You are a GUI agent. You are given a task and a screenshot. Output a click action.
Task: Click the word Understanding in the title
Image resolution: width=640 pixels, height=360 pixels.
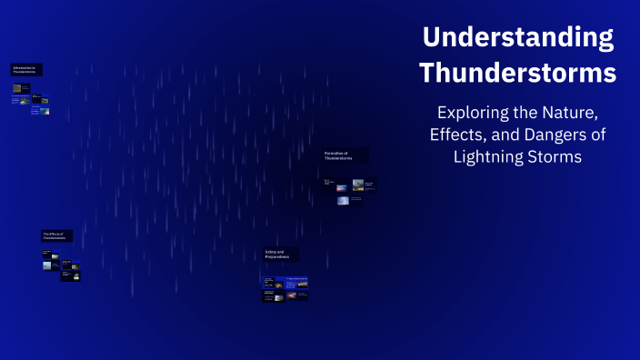pyautogui.click(x=518, y=38)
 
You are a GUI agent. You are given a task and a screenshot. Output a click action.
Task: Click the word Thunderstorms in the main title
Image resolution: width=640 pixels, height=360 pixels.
pyautogui.click(x=518, y=72)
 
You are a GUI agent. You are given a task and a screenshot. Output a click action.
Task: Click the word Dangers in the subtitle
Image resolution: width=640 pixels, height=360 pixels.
pyautogui.click(x=557, y=135)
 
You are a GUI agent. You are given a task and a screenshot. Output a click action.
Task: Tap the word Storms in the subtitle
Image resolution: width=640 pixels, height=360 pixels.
pyautogui.click(x=556, y=157)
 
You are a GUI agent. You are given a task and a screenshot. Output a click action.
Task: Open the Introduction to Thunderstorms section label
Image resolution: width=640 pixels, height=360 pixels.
pyautogui.click(x=26, y=69)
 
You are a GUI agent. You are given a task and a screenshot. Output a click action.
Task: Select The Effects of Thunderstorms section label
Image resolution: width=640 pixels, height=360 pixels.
pyautogui.click(x=56, y=235)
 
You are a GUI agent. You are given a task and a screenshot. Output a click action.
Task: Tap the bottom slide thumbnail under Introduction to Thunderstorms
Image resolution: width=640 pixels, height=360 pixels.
pyautogui.click(x=40, y=111)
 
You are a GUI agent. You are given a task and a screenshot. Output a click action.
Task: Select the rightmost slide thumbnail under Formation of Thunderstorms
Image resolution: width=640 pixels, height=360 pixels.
pyautogui.click(x=364, y=185)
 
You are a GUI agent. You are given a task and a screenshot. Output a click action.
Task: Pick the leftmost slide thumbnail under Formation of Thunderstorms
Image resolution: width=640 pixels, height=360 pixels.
pyautogui.click(x=328, y=183)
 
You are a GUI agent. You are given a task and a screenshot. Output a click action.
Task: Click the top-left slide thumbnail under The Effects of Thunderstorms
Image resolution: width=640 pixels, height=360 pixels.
pyautogui.click(x=51, y=256)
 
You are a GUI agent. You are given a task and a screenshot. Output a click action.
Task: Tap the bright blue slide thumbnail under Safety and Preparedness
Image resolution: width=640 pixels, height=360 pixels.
pyautogui.click(x=296, y=284)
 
